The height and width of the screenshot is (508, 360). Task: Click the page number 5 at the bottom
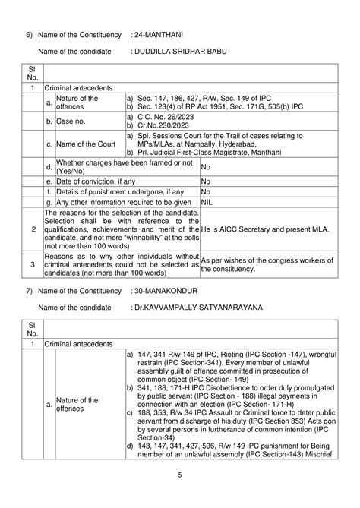coord(180,475)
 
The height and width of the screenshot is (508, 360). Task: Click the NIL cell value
coord(207,203)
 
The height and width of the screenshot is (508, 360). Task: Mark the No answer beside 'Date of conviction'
coord(205,181)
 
